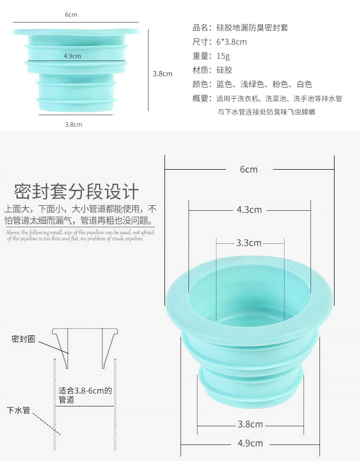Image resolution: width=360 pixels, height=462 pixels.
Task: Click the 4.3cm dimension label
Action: [x=249, y=210]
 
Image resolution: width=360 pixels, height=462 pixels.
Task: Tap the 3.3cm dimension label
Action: [x=248, y=243]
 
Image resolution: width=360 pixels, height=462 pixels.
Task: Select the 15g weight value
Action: [x=223, y=56]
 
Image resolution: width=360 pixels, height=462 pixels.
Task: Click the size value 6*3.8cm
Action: [x=231, y=42]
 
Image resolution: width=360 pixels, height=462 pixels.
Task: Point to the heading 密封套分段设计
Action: [x=76, y=192]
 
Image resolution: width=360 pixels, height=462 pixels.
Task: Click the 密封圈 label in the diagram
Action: [x=23, y=339]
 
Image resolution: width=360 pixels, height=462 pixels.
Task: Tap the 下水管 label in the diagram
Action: [x=18, y=410]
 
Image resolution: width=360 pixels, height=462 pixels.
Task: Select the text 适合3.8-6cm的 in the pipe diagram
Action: [x=85, y=391]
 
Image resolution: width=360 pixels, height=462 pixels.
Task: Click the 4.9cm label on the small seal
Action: [x=72, y=56]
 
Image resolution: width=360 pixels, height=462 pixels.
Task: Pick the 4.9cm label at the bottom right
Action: [x=250, y=443]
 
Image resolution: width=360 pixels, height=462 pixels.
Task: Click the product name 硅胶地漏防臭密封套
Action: [x=252, y=28]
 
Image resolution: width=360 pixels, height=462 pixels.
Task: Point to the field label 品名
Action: [x=200, y=28]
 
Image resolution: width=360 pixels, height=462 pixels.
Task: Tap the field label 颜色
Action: [x=200, y=84]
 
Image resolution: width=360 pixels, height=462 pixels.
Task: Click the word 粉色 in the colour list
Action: [x=280, y=84]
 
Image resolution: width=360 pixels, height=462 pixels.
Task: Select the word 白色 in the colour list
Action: [x=304, y=84]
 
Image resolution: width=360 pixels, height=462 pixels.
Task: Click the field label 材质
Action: [x=200, y=70]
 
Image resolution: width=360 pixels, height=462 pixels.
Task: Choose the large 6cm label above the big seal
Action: [x=248, y=169]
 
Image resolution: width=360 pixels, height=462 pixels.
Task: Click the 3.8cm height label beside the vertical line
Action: [x=162, y=74]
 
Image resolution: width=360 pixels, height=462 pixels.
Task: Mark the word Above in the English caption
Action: [x=12, y=232]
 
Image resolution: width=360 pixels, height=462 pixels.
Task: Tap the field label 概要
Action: [x=200, y=99]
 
